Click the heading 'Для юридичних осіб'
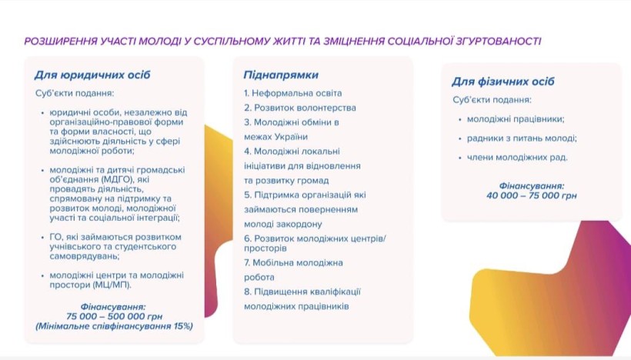92,75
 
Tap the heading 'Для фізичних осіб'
503,82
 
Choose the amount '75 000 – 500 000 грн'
113,316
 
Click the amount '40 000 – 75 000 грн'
526,195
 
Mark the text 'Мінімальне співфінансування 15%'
115,326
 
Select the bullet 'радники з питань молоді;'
522,138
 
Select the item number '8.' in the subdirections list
248,292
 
